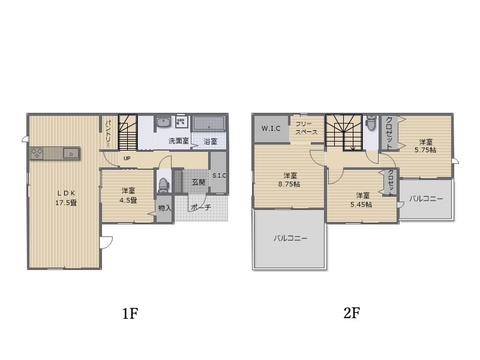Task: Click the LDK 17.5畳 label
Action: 66,198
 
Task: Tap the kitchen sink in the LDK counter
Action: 71,153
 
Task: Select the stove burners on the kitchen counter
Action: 37,153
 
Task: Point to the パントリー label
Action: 108,134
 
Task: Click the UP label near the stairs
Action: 127,158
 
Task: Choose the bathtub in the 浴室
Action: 209,124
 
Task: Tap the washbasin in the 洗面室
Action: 163,122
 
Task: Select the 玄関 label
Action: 199,182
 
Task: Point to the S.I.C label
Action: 219,176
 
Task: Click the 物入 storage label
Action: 164,208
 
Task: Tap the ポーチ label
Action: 201,208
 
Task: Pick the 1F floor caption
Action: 130,313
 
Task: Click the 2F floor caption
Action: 352,313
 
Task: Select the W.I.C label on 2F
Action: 271,128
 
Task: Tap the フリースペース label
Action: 306,128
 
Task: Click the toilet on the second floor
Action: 371,122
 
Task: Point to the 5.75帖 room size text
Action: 425,150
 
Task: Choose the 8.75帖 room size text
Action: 289,184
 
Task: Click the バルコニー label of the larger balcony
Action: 290,238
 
